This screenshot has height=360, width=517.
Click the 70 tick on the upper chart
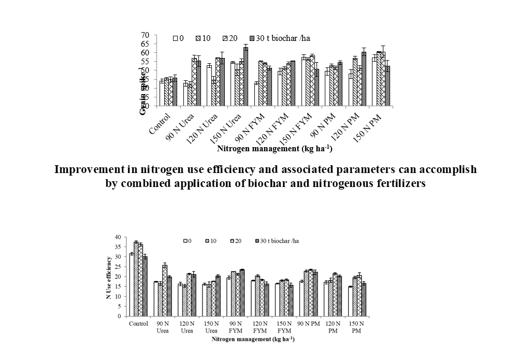coord(146,35)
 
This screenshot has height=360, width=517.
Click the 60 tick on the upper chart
coord(146,53)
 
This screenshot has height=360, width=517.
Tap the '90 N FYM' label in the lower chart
coord(236,327)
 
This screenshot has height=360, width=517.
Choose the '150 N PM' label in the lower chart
coord(356,327)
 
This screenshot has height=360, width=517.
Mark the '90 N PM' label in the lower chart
coord(309,324)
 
